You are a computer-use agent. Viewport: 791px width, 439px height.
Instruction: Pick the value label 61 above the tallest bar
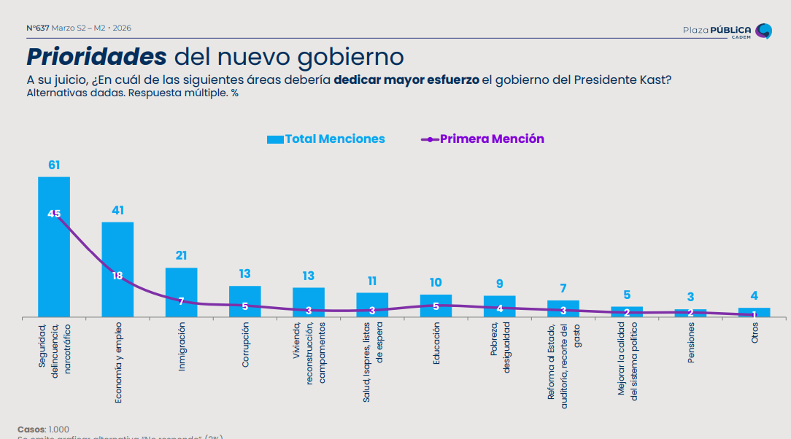click(x=54, y=166)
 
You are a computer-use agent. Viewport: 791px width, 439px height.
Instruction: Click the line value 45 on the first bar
click(x=54, y=214)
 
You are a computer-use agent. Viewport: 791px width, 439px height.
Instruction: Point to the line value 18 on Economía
click(x=117, y=276)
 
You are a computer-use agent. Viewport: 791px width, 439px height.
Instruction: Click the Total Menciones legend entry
click(x=326, y=139)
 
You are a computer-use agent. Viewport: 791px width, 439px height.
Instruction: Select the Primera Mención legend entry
click(x=483, y=139)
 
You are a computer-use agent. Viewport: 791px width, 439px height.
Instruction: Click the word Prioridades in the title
click(x=97, y=57)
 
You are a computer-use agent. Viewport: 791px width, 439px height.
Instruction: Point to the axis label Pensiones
click(x=690, y=343)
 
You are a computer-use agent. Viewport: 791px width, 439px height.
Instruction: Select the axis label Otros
click(x=755, y=333)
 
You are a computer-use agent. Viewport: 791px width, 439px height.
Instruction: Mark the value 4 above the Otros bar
click(x=755, y=296)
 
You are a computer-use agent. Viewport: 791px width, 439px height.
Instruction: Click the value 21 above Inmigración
click(x=182, y=256)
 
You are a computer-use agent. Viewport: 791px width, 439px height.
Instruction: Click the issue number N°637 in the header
click(x=38, y=28)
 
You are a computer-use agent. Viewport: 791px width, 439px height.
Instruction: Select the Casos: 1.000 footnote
click(x=43, y=429)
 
